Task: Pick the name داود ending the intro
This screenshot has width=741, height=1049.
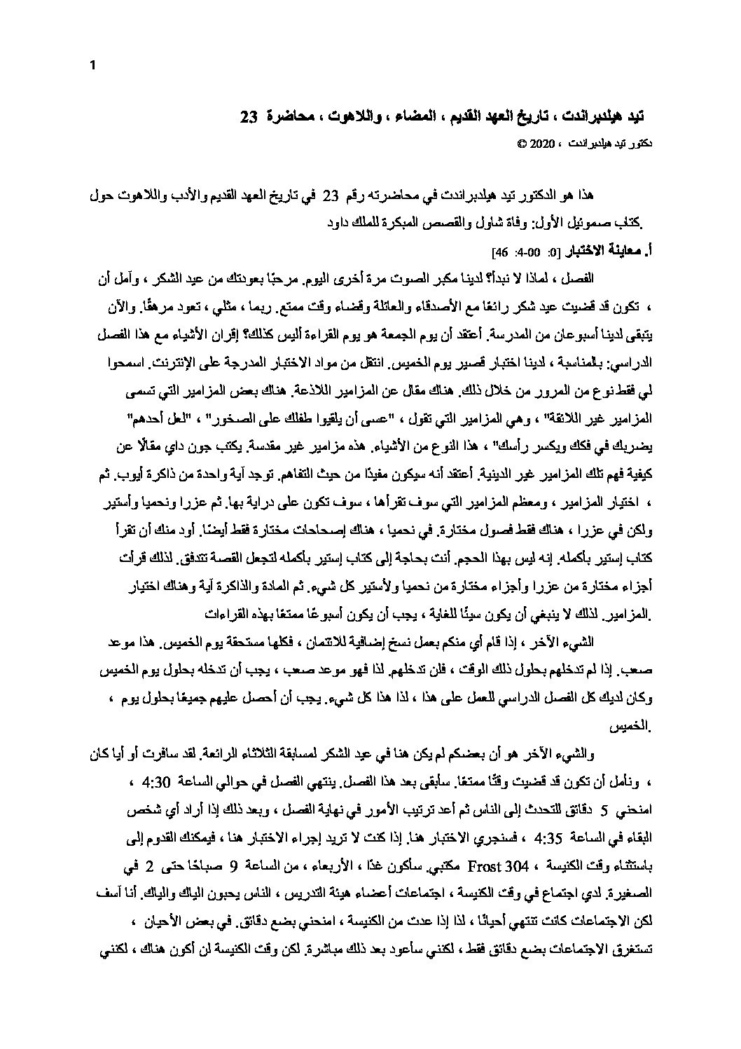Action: pos(339,226)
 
